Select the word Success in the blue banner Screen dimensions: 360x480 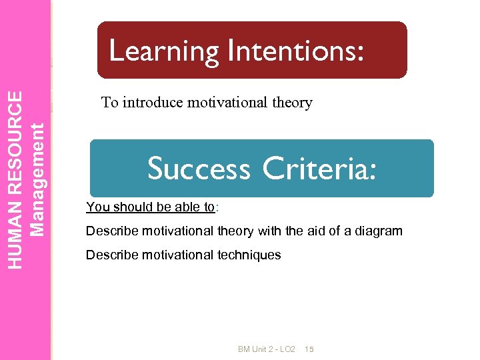[x=199, y=168]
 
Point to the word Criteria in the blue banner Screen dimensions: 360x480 [x=319, y=168]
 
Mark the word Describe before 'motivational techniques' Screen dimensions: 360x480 [x=110, y=255]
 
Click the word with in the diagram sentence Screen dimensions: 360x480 [x=268, y=231]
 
